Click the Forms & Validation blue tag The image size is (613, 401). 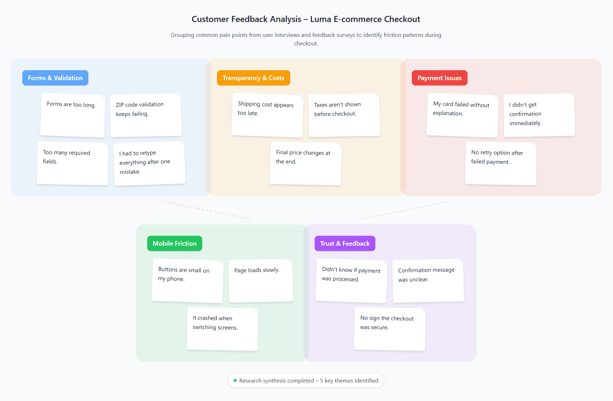[x=55, y=78]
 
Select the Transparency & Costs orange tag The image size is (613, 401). [x=253, y=78]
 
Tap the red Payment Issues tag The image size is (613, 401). [x=439, y=78]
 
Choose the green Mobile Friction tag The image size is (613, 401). [x=175, y=244]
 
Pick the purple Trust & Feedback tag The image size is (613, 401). [x=344, y=244]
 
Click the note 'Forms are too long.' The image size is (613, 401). [x=72, y=115]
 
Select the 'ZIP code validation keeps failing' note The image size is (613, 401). [x=146, y=115]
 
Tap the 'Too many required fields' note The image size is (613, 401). [x=72, y=163]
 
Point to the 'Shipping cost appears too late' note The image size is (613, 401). [x=267, y=115]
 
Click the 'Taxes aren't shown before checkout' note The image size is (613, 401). [x=344, y=115]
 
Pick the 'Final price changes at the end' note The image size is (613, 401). [x=305, y=163]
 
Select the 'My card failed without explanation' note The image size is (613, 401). [x=462, y=115]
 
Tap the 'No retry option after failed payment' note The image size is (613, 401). [x=501, y=163]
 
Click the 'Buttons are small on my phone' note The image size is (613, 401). [x=187, y=281]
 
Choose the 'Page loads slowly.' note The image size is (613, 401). [x=261, y=281]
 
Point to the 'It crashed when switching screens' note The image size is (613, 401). [x=222, y=329]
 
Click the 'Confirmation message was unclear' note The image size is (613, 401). [x=428, y=281]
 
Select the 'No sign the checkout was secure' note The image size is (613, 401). [x=390, y=329]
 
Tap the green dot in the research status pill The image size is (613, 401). [x=235, y=380]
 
